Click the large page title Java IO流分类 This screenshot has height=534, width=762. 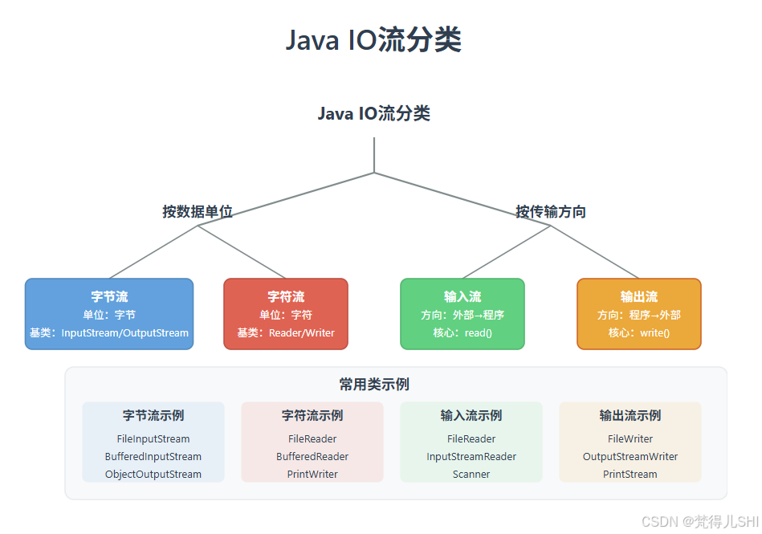(x=373, y=40)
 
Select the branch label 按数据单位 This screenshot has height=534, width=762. (x=198, y=212)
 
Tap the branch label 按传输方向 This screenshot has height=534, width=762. (x=551, y=212)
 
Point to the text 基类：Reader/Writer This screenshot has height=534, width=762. (x=286, y=333)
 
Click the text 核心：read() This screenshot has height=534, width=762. (x=462, y=333)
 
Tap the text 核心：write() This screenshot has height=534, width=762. (x=639, y=333)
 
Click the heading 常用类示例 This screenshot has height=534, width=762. (x=374, y=385)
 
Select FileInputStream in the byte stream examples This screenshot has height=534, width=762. (x=153, y=439)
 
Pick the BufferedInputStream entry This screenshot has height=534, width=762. (x=153, y=457)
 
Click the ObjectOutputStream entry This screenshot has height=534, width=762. (x=153, y=475)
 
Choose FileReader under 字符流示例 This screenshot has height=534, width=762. (x=312, y=439)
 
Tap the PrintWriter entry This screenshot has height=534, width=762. (x=312, y=475)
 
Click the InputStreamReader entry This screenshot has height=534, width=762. (x=471, y=457)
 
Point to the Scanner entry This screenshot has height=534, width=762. (x=471, y=475)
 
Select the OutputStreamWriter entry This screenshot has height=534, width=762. (x=630, y=457)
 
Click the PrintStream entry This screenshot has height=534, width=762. (x=630, y=475)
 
